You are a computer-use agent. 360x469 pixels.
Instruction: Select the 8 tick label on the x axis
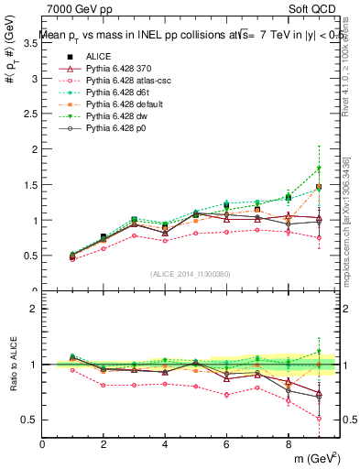click(x=289, y=444)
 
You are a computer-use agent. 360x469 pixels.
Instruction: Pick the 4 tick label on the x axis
click(x=166, y=444)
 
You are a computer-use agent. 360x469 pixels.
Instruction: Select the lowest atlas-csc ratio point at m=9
click(x=319, y=418)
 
